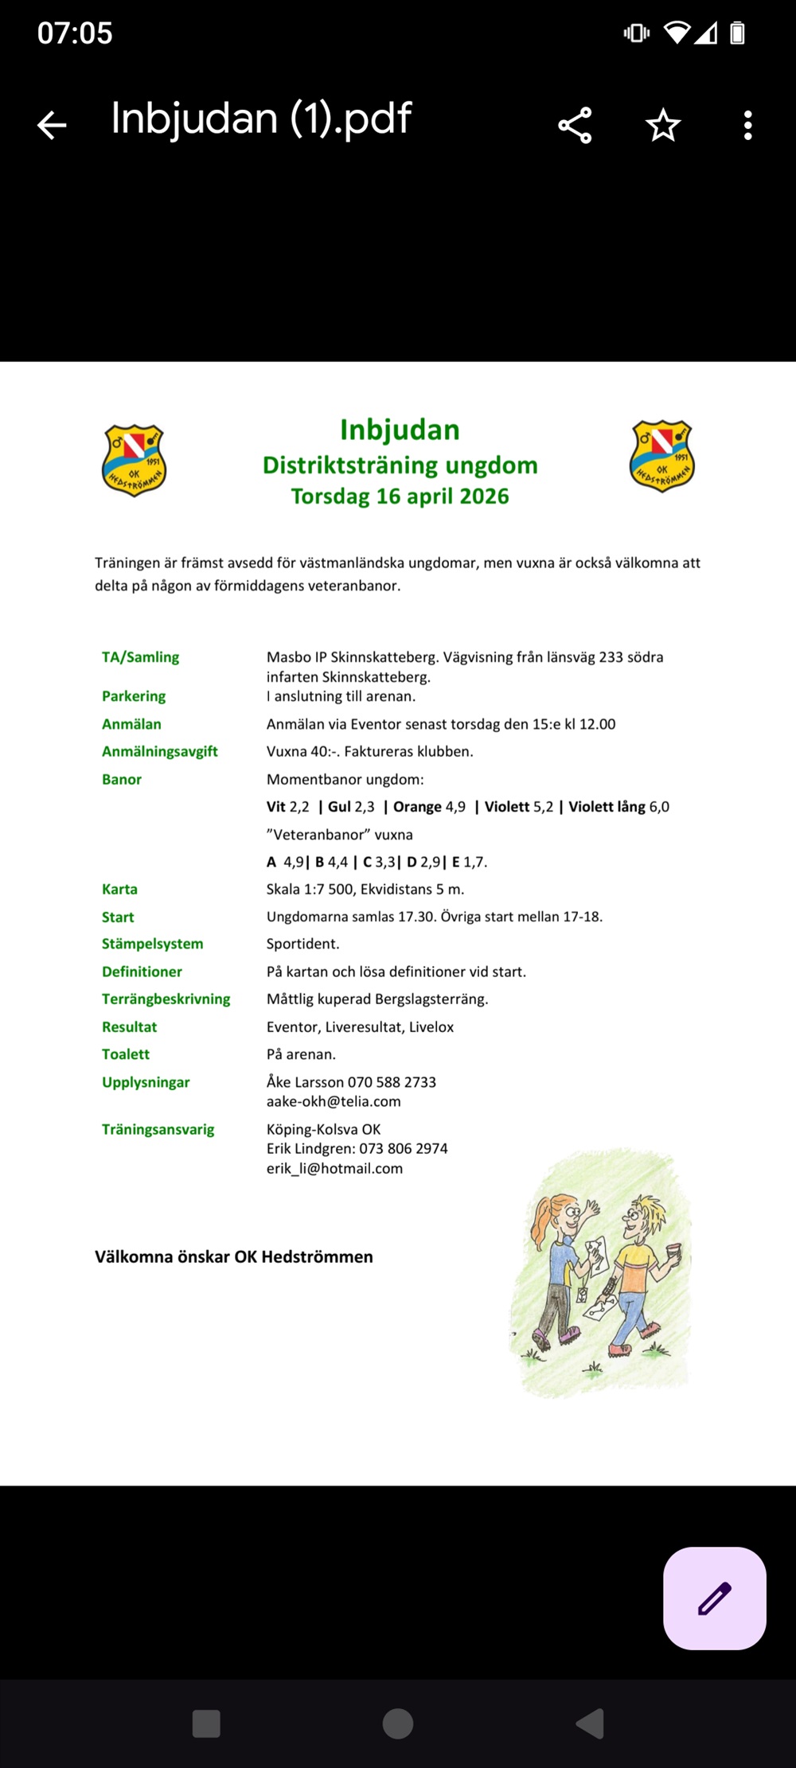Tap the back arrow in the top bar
(x=53, y=125)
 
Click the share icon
(x=575, y=125)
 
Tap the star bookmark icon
(x=662, y=125)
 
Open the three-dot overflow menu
(x=747, y=125)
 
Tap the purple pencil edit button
(x=714, y=1598)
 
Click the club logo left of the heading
(x=134, y=460)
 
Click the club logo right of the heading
(x=662, y=456)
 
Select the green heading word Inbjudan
(x=400, y=430)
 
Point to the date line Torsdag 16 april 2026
(x=400, y=496)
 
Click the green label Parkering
(x=134, y=696)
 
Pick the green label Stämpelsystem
(x=152, y=944)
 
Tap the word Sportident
(x=302, y=944)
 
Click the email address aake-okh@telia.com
(x=334, y=1102)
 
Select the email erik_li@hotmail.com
(x=334, y=1169)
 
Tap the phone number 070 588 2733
(x=392, y=1082)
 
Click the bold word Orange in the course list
(x=417, y=807)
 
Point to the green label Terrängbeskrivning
(x=166, y=999)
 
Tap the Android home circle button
(x=398, y=1723)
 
